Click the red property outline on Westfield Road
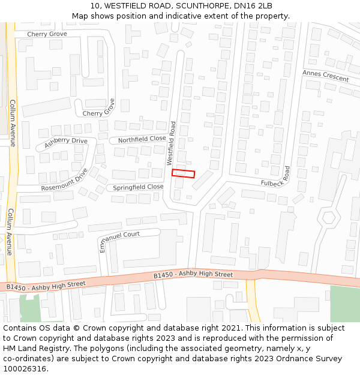tap(184, 173)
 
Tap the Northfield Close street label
tap(142, 139)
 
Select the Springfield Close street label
tap(138, 187)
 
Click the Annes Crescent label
tap(325, 76)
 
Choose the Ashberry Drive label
tap(66, 143)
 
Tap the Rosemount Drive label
tap(64, 180)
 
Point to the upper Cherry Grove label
tap(47, 34)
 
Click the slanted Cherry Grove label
tap(99, 109)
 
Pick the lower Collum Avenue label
tap(10, 232)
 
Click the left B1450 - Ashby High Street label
tap(46, 286)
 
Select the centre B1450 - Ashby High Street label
tap(193, 275)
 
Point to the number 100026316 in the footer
tap(25, 368)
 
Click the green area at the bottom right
tap(344, 304)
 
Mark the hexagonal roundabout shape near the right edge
tap(328, 218)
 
